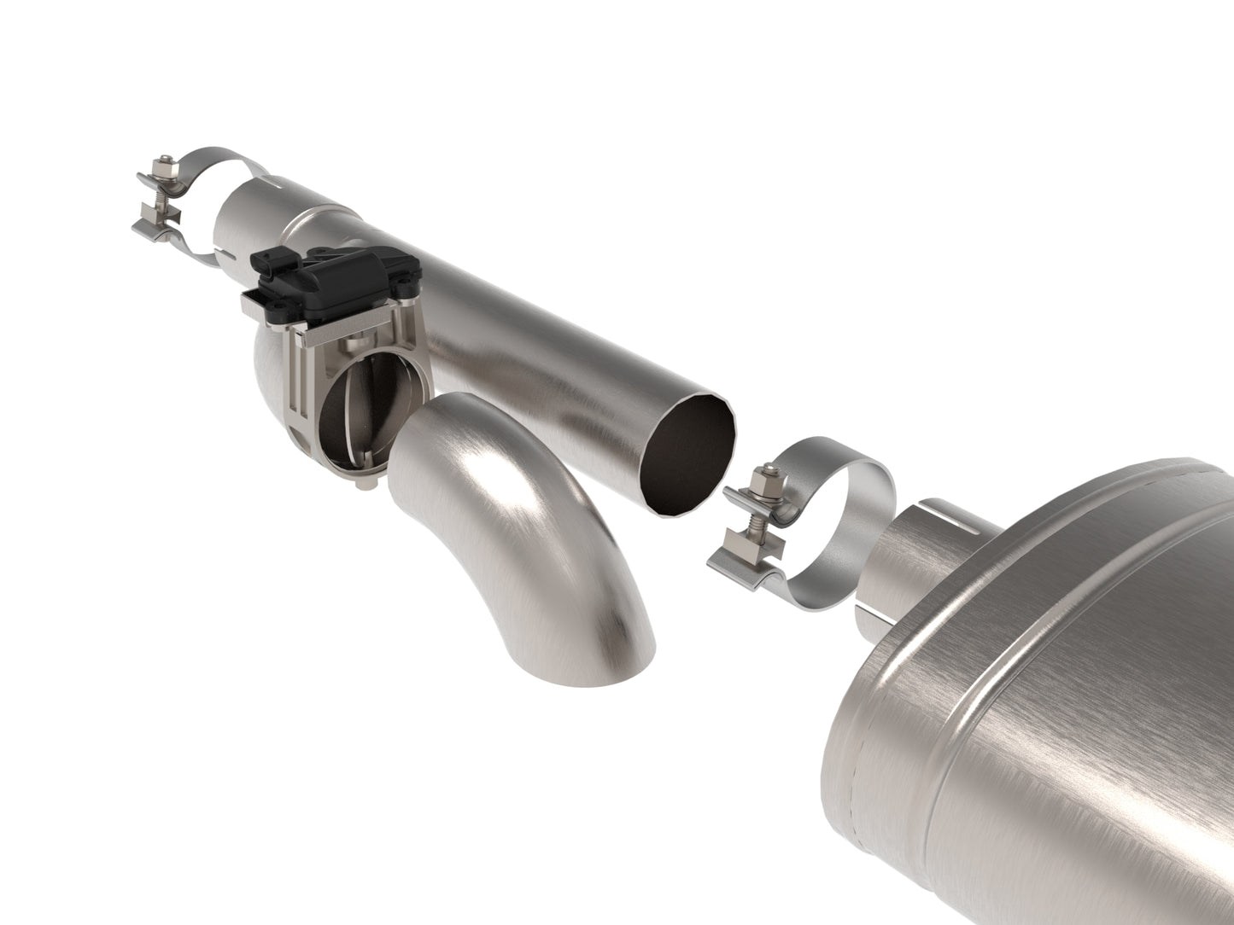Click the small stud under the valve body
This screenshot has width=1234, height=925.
pyautogui.click(x=366, y=485)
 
